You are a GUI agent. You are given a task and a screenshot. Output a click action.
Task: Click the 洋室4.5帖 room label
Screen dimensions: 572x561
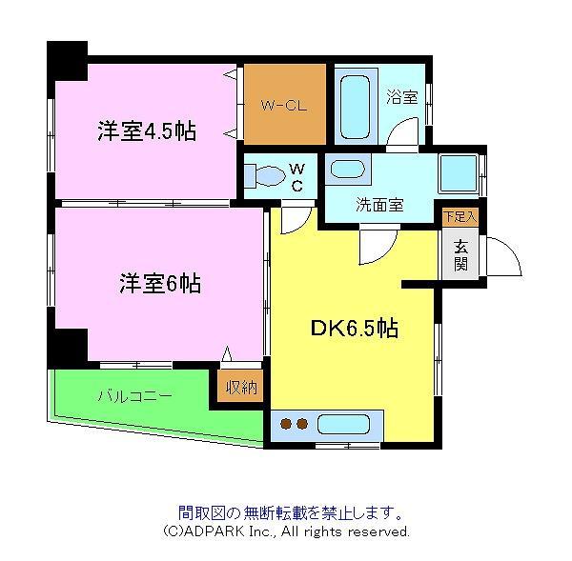point(147,131)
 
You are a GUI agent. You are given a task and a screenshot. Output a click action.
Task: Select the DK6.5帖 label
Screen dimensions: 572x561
point(355,328)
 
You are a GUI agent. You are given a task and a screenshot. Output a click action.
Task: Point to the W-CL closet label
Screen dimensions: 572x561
point(284,106)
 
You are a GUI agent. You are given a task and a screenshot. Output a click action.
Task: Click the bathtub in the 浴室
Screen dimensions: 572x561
point(355,107)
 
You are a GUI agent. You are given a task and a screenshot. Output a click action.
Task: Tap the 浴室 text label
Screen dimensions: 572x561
point(402,97)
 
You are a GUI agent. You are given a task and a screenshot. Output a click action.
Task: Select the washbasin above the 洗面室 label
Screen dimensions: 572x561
point(348,170)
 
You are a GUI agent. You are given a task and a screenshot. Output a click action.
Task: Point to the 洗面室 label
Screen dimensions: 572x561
point(379,205)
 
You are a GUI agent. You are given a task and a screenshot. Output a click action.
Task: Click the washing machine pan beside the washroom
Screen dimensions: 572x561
point(459,173)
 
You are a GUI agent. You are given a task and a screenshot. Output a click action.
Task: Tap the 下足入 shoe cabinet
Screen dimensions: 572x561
point(460,217)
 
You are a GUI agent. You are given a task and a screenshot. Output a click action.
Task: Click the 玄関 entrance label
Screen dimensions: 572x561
point(461,255)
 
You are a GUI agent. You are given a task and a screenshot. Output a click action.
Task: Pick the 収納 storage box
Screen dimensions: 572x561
point(241,387)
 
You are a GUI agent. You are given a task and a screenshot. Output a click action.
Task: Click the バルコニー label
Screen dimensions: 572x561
point(135,396)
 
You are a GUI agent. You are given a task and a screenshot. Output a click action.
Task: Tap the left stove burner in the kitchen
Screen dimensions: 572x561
point(286,424)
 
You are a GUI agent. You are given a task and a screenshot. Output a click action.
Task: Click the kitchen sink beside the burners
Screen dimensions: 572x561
point(343,424)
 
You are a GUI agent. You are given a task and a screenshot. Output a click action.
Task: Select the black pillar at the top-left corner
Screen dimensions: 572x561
point(68,61)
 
